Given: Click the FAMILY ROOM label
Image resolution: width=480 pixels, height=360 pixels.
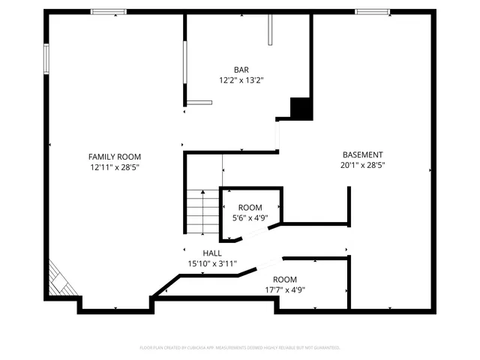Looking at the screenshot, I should (x=114, y=156).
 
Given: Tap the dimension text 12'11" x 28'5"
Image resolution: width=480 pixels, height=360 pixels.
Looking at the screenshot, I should (x=114, y=167).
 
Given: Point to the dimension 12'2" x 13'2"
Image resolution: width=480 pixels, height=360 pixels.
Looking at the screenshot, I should (x=241, y=79).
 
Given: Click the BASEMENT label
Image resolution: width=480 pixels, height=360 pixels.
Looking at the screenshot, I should (x=362, y=154).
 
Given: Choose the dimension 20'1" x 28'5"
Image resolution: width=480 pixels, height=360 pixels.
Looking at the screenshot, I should (x=362, y=165).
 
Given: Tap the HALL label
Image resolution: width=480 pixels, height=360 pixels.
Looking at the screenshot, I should (x=212, y=253).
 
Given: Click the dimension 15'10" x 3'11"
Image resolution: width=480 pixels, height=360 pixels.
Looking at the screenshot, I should (x=212, y=264).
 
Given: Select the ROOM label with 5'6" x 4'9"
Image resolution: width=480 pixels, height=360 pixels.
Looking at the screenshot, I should (x=250, y=207).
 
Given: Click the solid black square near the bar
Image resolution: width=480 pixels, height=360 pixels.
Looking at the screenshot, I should (x=301, y=109).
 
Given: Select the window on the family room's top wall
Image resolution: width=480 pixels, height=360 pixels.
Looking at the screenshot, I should (x=109, y=11).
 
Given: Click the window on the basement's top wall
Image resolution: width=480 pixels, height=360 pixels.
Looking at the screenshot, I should (x=372, y=11).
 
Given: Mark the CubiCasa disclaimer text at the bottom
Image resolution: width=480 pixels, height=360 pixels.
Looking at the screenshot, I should (x=240, y=347).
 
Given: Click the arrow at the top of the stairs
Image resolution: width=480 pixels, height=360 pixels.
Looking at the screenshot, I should (x=202, y=192).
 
